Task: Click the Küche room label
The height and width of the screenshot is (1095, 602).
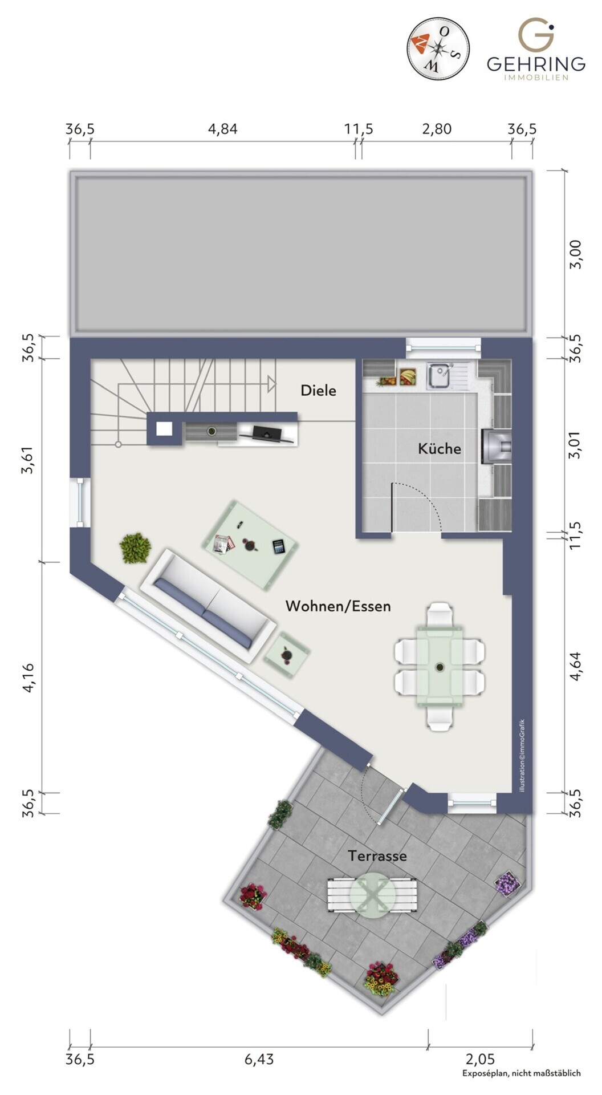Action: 439,448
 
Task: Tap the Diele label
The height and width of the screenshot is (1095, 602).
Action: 318,391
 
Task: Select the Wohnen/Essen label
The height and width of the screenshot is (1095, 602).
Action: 338,606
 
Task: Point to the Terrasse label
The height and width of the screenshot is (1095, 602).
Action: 377,855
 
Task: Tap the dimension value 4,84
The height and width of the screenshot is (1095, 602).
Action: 222,129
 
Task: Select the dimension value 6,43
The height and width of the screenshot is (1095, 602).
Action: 259,1059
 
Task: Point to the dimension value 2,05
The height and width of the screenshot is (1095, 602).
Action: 480,1059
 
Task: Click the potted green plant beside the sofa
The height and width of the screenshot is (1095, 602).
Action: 135,548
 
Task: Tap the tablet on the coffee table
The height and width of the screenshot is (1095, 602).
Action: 279,547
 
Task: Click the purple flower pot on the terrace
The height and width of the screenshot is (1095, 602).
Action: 506,883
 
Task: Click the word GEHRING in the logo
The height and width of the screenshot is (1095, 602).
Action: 536,63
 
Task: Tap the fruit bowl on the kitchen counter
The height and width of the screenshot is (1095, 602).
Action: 407,376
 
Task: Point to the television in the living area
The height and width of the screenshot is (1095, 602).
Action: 266,433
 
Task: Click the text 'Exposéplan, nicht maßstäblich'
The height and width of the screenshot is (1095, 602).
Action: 521,1073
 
